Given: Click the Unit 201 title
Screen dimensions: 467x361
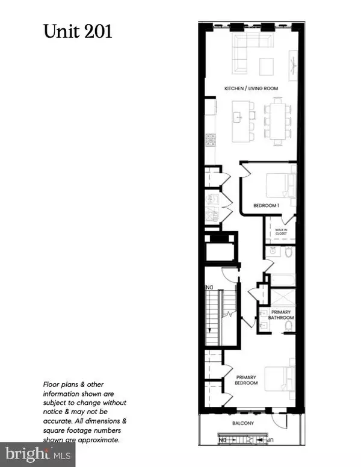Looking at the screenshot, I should (x=78, y=31).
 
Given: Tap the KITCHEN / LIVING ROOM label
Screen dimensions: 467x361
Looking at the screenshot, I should (x=247, y=88).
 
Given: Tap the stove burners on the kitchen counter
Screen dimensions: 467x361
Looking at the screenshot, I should (x=210, y=140).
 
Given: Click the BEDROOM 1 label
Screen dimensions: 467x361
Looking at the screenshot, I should (x=266, y=206).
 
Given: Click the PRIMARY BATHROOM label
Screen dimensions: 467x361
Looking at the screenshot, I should (x=282, y=315).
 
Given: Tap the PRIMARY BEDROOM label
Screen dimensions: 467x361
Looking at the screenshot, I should (x=246, y=380).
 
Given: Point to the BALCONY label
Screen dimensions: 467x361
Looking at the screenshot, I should (x=247, y=424).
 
